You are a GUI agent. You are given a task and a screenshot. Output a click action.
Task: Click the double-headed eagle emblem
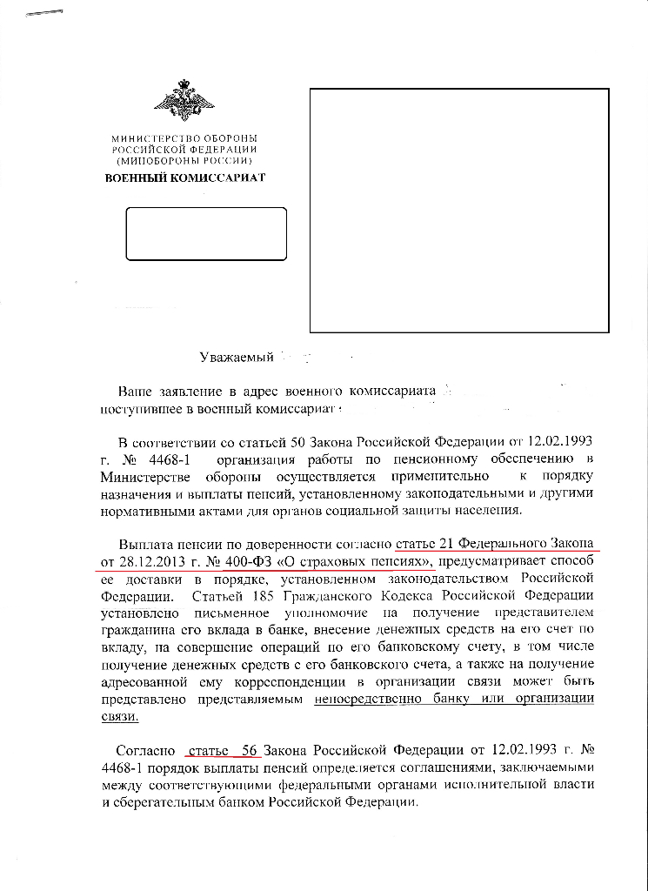184,101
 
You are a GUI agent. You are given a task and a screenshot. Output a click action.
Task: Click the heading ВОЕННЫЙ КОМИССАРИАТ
184,178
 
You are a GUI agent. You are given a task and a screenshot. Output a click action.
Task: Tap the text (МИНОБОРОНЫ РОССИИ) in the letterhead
184,161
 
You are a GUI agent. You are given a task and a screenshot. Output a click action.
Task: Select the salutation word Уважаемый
237,356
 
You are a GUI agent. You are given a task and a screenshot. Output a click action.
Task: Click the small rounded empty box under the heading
206,233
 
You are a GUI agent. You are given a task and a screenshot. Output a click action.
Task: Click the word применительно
438,476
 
